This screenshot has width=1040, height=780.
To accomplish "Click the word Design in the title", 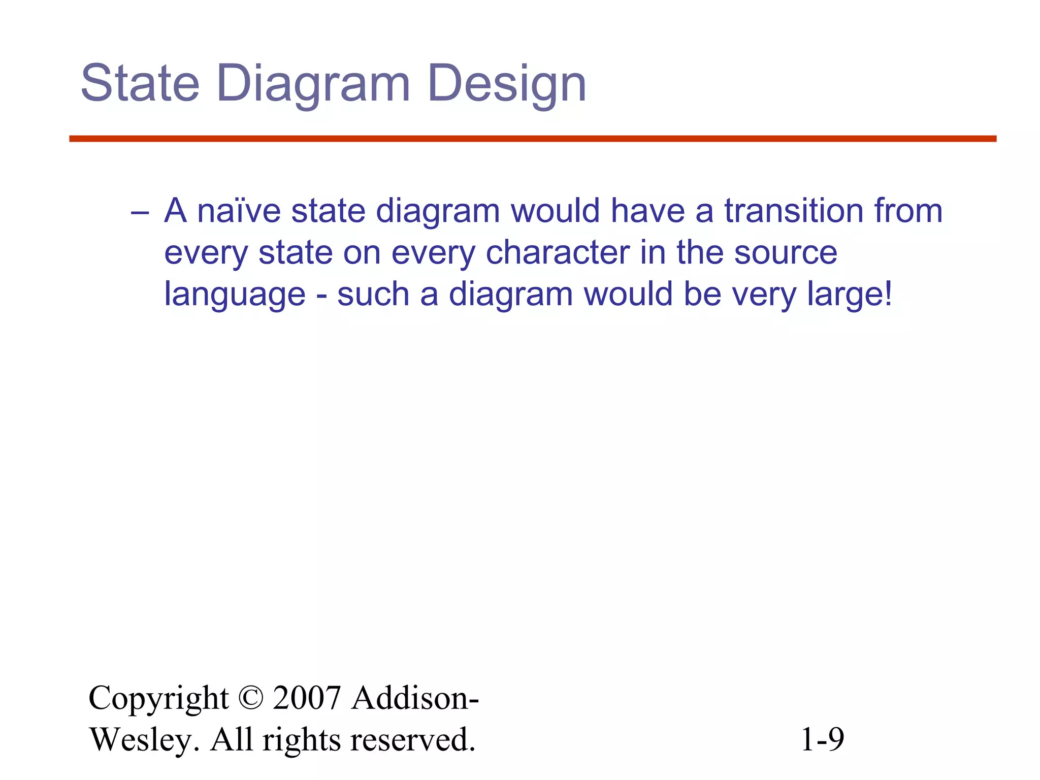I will (507, 84).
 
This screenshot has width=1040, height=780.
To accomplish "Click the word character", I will (558, 252).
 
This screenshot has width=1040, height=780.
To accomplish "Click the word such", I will (373, 295).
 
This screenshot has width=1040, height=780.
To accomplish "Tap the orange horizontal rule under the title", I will (533, 139).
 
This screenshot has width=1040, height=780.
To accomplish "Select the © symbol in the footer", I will (250, 698).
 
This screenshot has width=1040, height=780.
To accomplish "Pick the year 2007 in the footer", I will (306, 698).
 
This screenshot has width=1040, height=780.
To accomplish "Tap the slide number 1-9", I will (822, 740).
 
